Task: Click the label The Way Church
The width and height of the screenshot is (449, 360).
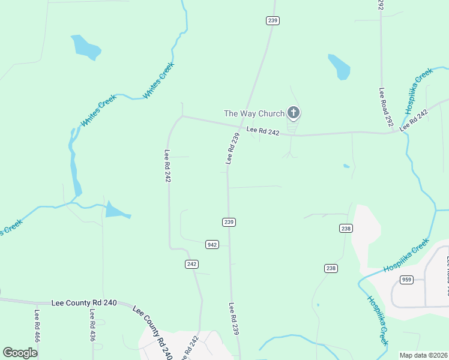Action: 253,113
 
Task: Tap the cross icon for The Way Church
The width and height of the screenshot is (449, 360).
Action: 293,112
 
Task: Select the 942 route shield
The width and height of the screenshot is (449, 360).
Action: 212,245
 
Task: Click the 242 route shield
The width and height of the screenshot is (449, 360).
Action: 191,264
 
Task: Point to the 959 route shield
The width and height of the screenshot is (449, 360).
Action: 407,279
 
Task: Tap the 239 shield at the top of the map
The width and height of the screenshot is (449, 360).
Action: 273,20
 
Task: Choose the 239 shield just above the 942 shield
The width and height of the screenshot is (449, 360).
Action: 229,222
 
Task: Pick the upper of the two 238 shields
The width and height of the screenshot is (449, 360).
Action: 346,228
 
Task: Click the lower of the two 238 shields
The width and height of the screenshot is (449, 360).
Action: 331,268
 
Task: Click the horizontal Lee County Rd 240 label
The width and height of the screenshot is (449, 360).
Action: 84,304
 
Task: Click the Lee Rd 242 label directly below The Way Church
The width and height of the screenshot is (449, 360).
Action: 262,130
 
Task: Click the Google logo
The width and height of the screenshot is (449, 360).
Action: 20,353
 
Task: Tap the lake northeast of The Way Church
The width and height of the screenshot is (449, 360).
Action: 339,67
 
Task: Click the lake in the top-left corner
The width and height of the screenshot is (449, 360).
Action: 86,47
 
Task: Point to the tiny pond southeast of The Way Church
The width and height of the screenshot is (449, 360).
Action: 346,166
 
